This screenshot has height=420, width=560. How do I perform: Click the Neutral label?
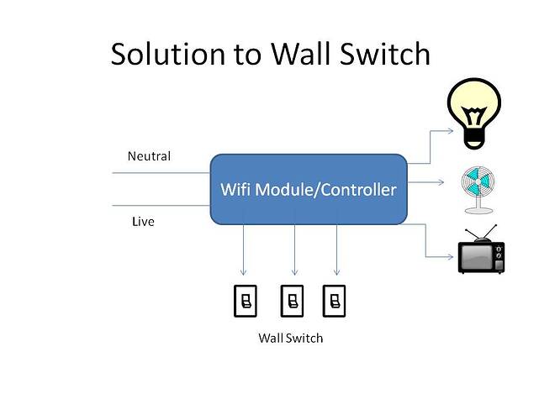[149, 156]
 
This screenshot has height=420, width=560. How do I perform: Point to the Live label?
[143, 222]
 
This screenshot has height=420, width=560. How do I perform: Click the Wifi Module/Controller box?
[307, 190]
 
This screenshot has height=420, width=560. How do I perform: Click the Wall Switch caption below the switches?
[289, 339]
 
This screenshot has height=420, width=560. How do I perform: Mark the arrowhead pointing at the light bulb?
[448, 131]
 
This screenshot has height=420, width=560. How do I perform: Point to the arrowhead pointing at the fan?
[447, 181]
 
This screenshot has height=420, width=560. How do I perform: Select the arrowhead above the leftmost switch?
[244, 271]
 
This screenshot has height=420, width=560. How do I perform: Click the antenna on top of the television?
[483, 231]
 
